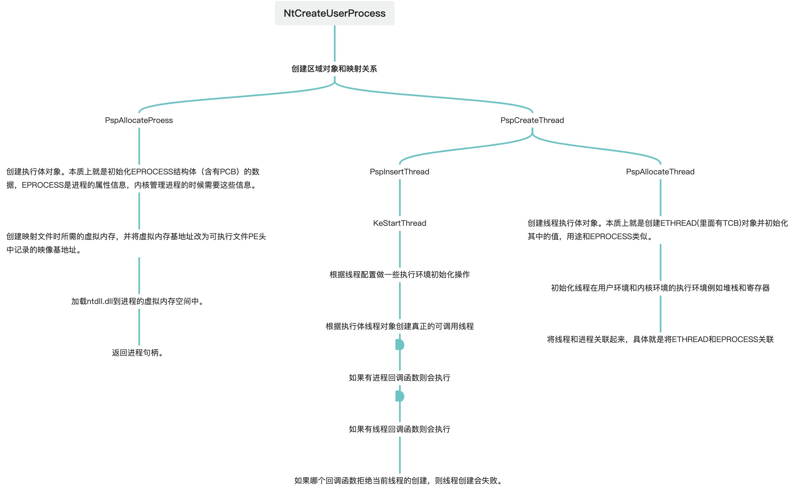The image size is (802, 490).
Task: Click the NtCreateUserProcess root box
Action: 334,13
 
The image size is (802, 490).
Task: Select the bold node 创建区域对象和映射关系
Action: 334,69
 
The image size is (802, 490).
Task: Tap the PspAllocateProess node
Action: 139,120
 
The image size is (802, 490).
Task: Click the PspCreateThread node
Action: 532,120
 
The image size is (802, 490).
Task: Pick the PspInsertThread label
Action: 399,172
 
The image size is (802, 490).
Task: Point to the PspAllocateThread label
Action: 660,172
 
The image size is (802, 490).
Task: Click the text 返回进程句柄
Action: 138,353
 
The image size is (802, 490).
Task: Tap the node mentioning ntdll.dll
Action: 138,301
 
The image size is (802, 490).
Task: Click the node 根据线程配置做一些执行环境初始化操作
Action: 399,274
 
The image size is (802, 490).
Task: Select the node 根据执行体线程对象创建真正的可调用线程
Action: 399,326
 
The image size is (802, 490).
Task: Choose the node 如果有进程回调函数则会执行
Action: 399,378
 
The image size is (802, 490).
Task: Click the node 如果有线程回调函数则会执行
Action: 399,429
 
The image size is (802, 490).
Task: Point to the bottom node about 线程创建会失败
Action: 399,481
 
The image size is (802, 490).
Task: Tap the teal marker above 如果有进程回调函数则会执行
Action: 400,345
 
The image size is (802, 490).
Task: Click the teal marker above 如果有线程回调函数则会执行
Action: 400,396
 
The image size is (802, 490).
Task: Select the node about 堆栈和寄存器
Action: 660,288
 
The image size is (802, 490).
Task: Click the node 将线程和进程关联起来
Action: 660,339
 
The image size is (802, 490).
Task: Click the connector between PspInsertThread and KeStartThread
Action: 400,197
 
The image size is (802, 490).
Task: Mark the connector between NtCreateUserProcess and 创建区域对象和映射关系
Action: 334,43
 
